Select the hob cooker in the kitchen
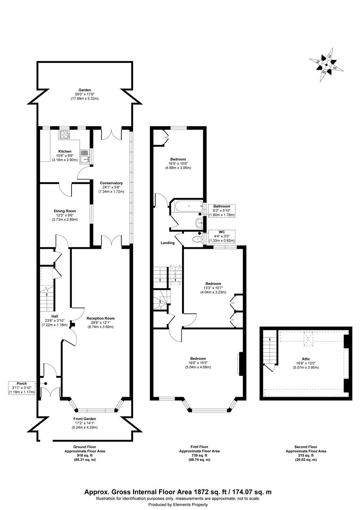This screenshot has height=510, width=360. click(x=65, y=135)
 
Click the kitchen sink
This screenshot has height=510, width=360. click(x=85, y=155)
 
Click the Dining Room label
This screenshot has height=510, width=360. click(x=65, y=211)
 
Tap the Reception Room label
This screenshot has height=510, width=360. click(x=100, y=318)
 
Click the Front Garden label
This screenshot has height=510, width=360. click(x=85, y=419)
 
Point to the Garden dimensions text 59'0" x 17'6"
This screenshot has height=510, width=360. click(x=84, y=93)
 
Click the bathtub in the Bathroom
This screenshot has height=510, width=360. click(x=188, y=206)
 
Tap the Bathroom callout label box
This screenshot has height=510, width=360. click(x=221, y=211)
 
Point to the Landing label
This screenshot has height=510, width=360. click(x=167, y=243)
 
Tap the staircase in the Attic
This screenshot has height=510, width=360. click(x=270, y=347)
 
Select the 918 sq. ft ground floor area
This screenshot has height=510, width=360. click(x=85, y=455)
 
